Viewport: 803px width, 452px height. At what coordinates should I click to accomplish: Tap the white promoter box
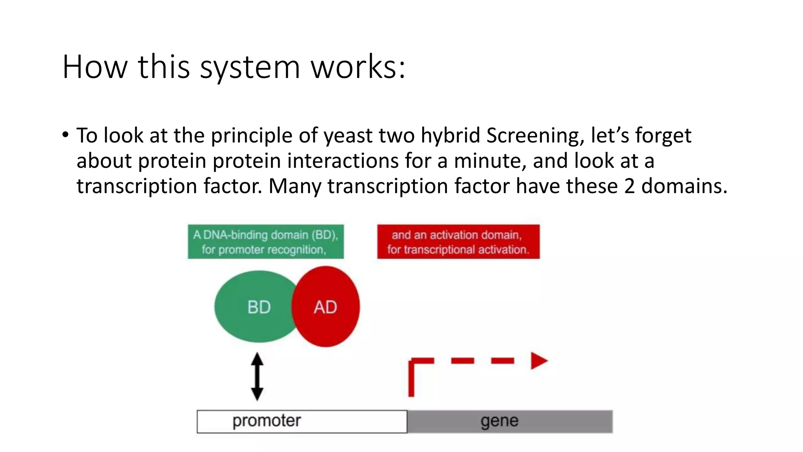tap(302, 421)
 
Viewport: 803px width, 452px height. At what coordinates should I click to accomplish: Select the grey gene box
tap(510, 421)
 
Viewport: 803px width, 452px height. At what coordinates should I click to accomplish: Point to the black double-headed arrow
tap(257, 376)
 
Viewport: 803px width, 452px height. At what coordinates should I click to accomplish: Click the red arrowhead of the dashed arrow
tap(539, 361)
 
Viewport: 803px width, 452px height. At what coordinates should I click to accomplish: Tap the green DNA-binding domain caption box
tap(265, 242)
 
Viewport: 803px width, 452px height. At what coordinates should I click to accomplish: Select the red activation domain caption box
tap(458, 242)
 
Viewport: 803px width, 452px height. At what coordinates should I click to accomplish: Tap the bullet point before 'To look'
tap(65, 135)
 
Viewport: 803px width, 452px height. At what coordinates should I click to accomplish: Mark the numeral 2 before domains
tap(629, 186)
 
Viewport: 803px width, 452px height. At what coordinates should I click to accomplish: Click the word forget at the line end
tap(663, 136)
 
